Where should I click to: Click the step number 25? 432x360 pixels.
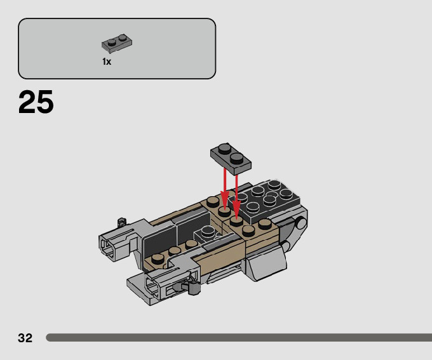click(36, 102)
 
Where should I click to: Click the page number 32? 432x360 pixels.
click(25, 338)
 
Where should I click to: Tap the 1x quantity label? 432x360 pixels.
click(106, 62)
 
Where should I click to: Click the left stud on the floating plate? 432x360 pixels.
click(223, 150)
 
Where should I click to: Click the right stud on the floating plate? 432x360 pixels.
click(236, 156)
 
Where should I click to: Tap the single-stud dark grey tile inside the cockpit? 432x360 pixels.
click(207, 232)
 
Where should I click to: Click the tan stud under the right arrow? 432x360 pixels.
click(236, 221)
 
